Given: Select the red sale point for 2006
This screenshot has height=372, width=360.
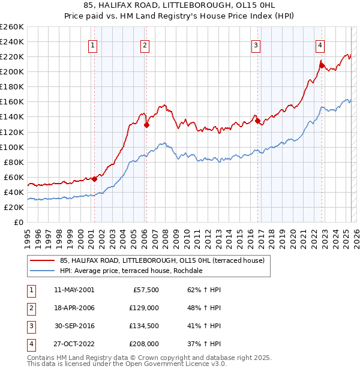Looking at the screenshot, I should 146,125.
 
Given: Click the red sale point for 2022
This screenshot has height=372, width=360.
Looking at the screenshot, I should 322,65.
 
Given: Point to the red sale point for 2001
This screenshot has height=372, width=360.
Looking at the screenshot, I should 95,178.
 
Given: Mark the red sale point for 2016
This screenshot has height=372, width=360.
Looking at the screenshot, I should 258,121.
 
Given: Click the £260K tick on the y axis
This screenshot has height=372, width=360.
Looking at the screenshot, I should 12,26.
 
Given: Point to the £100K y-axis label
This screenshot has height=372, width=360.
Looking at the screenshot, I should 12,147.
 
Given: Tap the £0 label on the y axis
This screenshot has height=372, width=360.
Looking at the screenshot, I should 19,222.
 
